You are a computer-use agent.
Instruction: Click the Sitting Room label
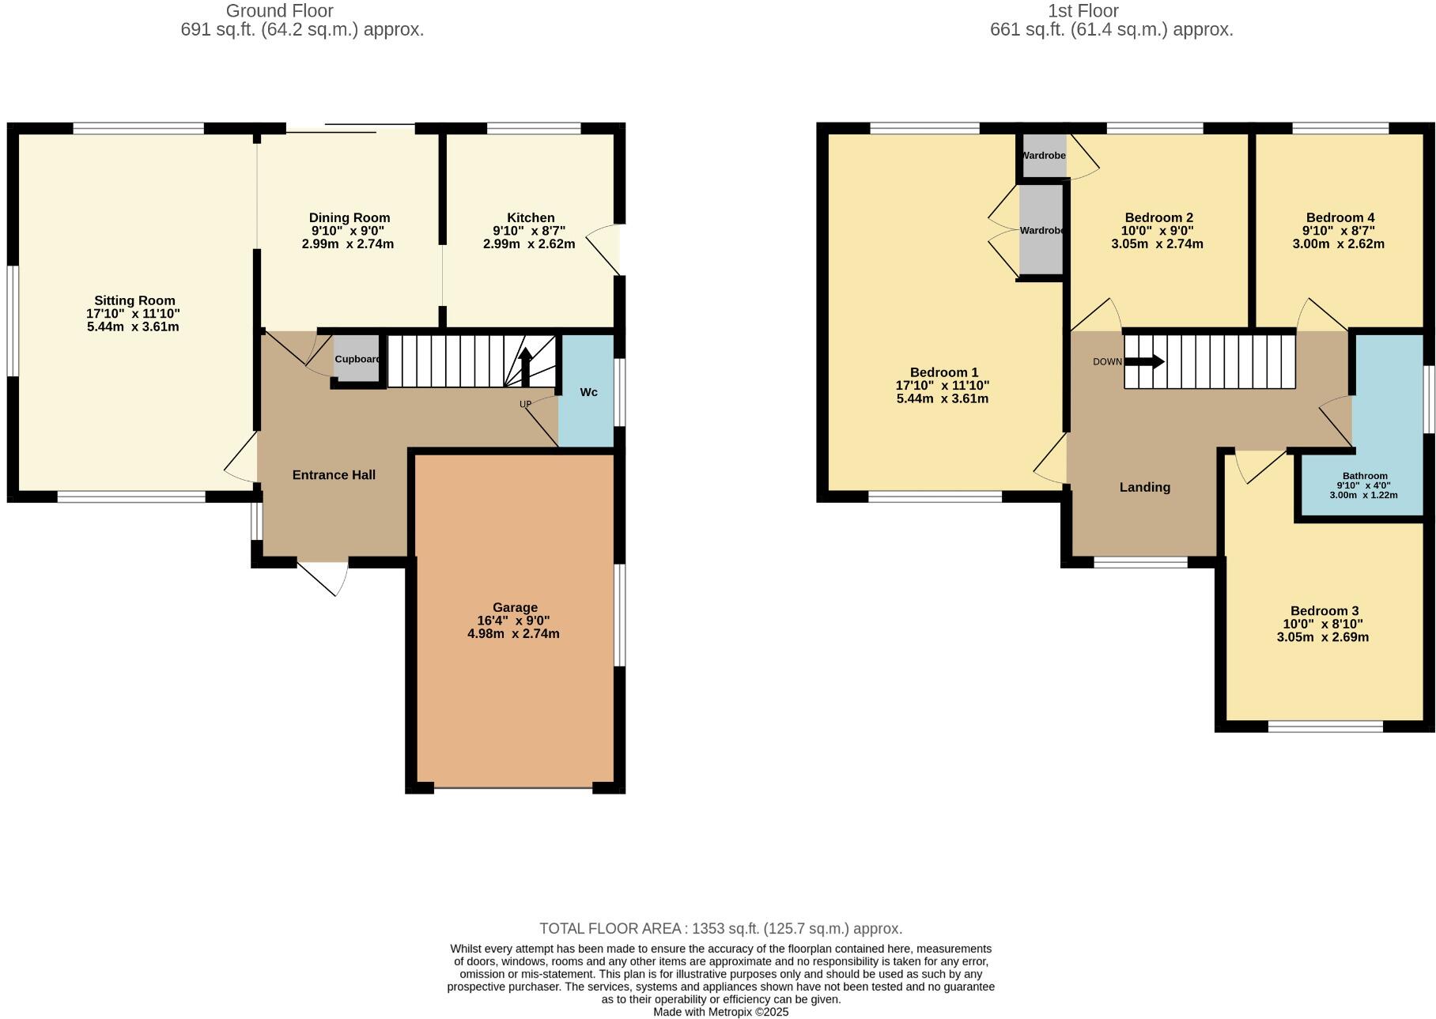(134, 300)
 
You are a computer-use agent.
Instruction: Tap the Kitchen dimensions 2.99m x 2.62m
(529, 244)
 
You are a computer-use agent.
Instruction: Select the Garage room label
(515, 607)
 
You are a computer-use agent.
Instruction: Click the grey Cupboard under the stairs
(356, 359)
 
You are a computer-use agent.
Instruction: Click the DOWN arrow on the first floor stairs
(1144, 361)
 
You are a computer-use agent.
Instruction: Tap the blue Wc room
(588, 392)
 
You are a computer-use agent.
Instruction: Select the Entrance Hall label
(334, 475)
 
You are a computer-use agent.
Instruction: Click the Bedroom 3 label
(1324, 610)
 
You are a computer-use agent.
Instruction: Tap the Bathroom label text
(1364, 476)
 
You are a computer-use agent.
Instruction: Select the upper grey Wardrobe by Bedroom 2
(1043, 156)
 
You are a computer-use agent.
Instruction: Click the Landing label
(1144, 487)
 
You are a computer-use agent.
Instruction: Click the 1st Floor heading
(1083, 11)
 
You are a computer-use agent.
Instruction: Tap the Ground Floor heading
(279, 11)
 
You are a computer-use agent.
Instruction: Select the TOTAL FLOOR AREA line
(720, 928)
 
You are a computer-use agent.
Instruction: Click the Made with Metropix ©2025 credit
(720, 1012)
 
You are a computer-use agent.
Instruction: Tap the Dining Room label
(349, 217)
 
